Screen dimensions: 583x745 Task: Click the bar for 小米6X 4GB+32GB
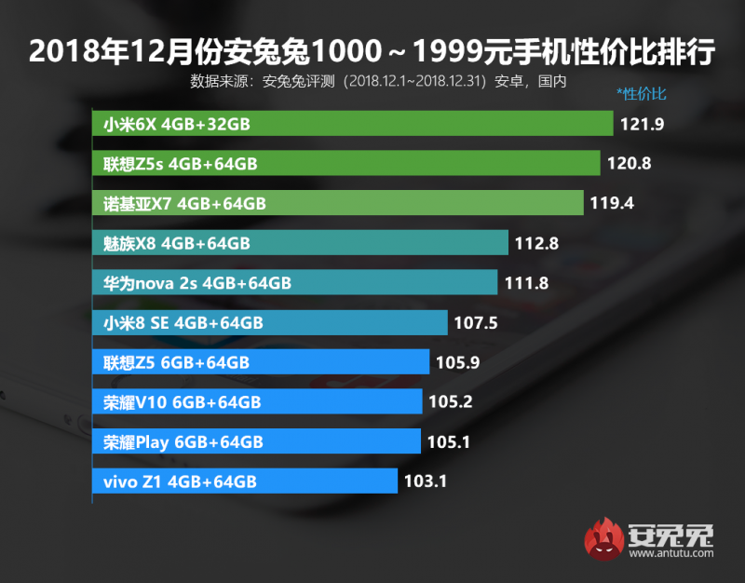tap(353, 124)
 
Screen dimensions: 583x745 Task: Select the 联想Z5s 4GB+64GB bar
tap(346, 164)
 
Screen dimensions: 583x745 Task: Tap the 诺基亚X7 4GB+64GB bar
tap(338, 203)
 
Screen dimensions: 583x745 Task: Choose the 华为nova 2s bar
tap(295, 283)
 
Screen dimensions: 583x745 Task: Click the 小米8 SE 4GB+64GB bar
tap(270, 322)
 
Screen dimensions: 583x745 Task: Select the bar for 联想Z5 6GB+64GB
tap(261, 362)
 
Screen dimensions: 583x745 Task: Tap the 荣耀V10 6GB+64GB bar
tap(257, 401)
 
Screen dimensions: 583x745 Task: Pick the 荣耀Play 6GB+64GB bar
tap(256, 441)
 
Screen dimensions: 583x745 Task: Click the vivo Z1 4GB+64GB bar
tap(245, 481)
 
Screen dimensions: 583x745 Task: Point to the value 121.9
tap(639, 124)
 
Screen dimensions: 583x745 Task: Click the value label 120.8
tap(629, 164)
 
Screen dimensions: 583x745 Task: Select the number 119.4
tap(612, 203)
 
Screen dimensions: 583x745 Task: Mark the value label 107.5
tap(476, 322)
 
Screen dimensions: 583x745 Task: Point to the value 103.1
tap(426, 481)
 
